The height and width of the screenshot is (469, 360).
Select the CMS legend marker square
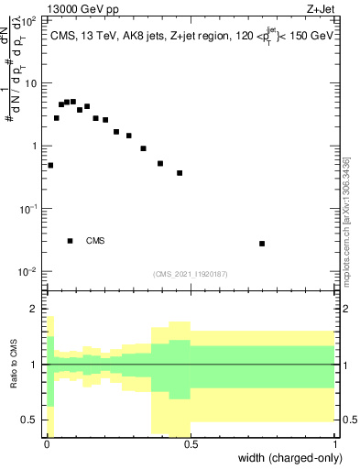(x=71, y=241)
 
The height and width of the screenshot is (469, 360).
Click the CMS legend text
(x=95, y=241)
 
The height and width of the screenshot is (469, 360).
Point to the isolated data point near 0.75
(x=262, y=244)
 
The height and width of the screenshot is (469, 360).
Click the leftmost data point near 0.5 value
(x=50, y=166)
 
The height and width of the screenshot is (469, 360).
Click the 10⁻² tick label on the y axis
(x=27, y=272)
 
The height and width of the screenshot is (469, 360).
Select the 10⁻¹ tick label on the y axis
(x=27, y=209)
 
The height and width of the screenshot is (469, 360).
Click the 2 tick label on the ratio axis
(x=33, y=309)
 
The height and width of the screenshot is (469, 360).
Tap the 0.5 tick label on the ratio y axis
(x=29, y=420)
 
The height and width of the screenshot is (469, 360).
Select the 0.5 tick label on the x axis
(x=190, y=444)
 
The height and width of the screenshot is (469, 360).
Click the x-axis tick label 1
(x=334, y=444)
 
